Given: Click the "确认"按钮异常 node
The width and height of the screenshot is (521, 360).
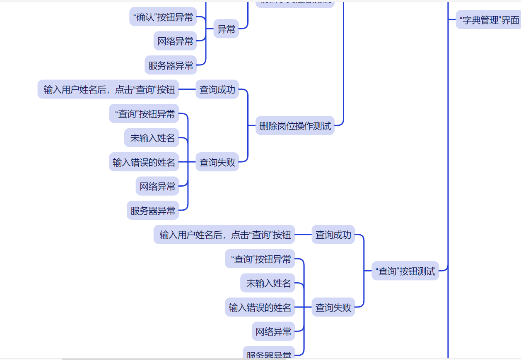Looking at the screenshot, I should point(163,17).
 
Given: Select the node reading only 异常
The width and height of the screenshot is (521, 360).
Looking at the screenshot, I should point(226,29).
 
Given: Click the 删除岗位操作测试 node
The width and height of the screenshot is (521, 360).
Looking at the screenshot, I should point(295,126).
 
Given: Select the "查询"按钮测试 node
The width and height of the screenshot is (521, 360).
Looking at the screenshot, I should point(405,271).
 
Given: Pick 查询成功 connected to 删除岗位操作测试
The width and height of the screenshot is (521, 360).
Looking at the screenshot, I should point(217,89).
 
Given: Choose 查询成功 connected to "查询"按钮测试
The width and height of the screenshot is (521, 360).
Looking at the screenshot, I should point(333,235).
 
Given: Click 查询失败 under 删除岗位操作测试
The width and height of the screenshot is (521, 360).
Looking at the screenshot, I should point(217,162).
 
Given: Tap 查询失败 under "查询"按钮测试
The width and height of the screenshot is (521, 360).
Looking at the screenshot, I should point(333,307).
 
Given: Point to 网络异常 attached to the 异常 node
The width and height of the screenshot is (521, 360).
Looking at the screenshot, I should point(175,41).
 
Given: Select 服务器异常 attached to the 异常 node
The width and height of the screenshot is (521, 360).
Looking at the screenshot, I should point(171,65).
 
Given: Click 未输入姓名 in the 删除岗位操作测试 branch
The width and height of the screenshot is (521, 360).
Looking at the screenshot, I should point(152,138).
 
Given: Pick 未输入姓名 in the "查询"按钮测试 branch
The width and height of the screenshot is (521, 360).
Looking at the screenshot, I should point(268,283).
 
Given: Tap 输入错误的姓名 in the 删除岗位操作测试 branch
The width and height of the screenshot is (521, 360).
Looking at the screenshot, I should point(144,162).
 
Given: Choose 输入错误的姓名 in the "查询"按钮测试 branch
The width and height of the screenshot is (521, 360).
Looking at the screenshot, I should point(260,307).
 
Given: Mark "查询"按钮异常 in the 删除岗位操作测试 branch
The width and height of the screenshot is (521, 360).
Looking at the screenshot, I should point(144,114).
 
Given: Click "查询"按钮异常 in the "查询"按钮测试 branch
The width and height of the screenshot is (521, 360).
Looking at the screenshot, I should point(260,259).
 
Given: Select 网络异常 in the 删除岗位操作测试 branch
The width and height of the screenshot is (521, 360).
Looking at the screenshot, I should point(157,186).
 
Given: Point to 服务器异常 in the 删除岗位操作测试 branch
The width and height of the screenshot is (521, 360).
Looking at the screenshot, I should point(153,211).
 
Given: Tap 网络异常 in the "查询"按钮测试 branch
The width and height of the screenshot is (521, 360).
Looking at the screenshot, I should point(273,331).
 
